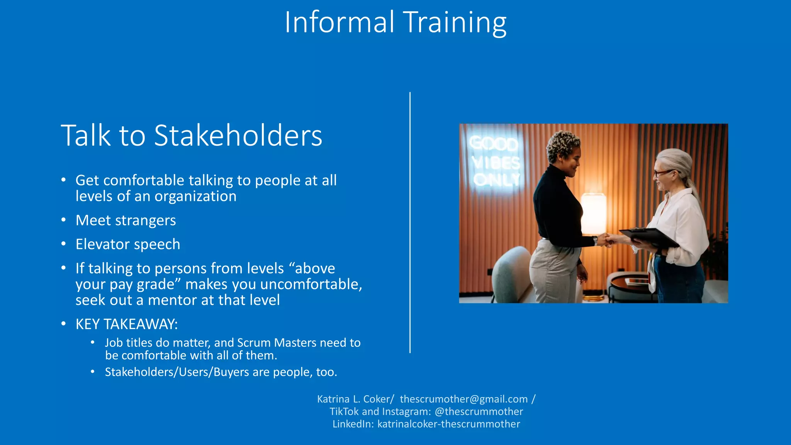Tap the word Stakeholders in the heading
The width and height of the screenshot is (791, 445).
tap(238, 136)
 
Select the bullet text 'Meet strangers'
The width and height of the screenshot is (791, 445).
tap(126, 220)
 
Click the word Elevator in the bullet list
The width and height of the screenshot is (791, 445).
tap(102, 244)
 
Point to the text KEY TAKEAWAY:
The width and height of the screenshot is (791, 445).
tap(127, 324)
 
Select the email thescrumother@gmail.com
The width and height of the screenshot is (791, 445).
tap(463, 399)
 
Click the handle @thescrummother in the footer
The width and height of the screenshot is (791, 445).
tap(479, 411)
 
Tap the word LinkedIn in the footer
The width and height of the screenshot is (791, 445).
tap(353, 424)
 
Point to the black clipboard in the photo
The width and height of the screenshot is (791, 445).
tap(649, 236)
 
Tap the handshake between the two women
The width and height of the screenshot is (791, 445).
tap(607, 239)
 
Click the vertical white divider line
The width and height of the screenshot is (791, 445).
tap(410, 222)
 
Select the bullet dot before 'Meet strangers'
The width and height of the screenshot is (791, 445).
tap(64, 220)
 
